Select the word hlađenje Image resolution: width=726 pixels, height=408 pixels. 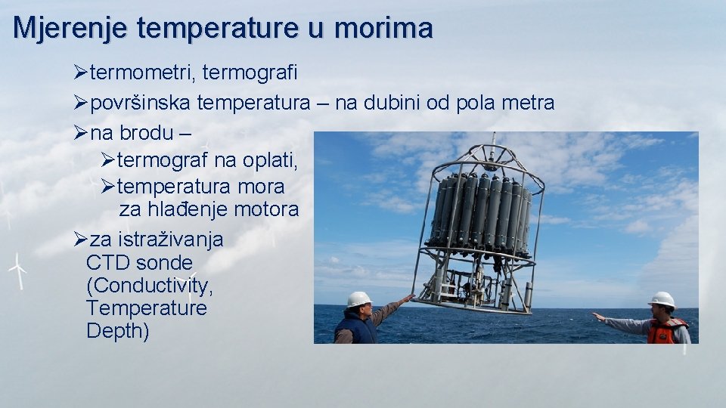coord(185,209)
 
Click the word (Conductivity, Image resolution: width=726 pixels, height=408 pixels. coord(149,286)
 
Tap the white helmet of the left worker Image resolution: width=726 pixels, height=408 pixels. coord(358,299)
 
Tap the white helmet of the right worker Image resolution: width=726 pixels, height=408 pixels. coord(662,300)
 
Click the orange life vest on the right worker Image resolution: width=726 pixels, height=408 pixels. coord(665,331)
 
